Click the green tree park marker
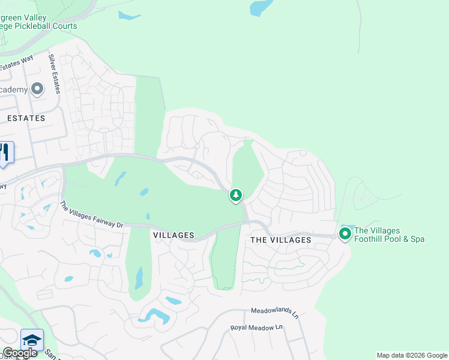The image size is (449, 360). coord(236,195)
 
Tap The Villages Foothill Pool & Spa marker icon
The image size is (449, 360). coord(345,233)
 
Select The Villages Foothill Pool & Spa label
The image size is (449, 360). coord(390,235)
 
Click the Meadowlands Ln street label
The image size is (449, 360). coord(274,311)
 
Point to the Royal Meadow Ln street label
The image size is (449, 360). coord(256,328)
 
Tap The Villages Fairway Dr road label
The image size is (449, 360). coord(91,215)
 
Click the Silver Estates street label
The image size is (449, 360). coord(55,74)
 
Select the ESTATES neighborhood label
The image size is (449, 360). coord(26,118)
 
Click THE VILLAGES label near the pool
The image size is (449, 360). coord(280,240)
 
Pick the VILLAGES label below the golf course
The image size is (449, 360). coord(173,235)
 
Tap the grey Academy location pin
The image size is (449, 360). coord(37,89)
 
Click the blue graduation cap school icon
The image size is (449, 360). coord(32,339)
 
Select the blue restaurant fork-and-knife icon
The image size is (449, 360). coord(5,152)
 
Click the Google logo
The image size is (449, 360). coord(20,353)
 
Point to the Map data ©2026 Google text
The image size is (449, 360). coord(412,355)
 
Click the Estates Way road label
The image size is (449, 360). coord(16,64)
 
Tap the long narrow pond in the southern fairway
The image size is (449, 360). coord(139,278)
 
